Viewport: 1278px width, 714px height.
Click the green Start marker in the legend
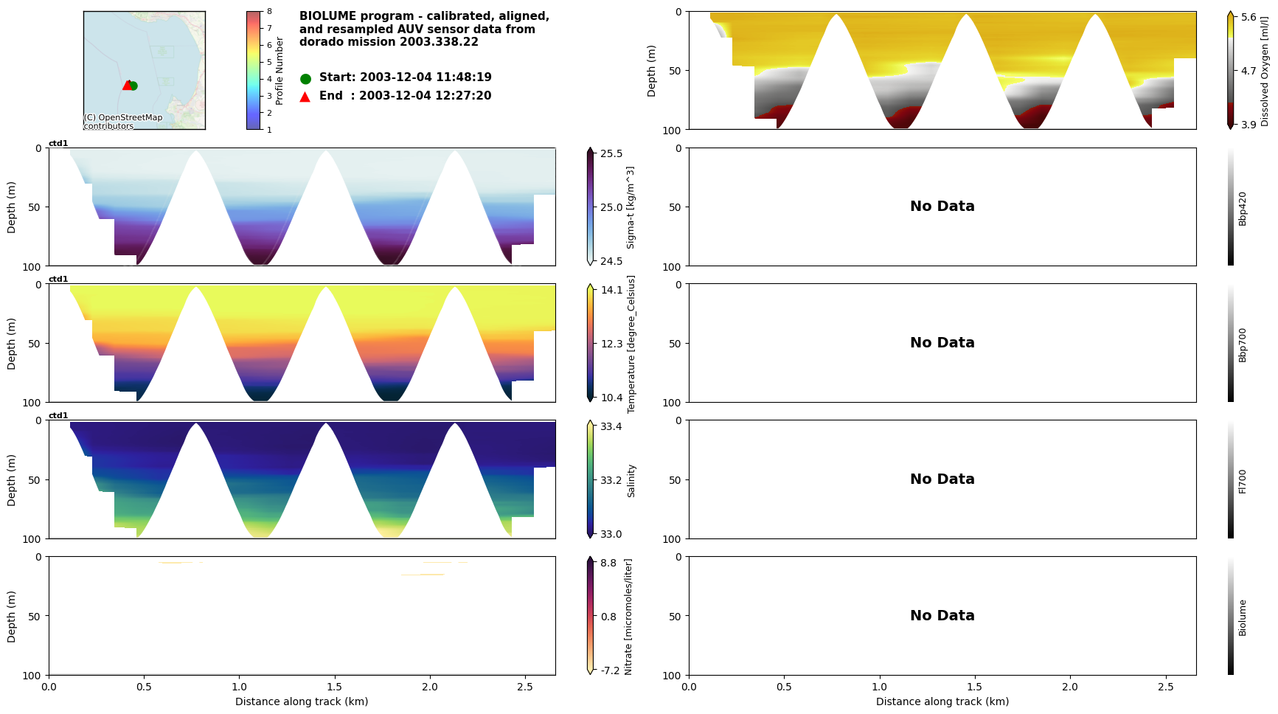tap(305, 78)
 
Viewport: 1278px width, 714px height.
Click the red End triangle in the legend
tap(305, 97)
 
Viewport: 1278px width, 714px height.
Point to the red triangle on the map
tap(127, 85)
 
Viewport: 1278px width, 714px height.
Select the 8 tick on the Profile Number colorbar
tap(269, 12)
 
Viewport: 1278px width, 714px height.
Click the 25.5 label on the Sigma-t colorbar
tap(611, 153)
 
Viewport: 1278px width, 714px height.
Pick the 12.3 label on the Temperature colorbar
tap(611, 344)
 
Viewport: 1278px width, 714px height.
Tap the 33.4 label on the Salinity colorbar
tap(611, 426)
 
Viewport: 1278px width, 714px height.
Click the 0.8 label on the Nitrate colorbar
tap(608, 617)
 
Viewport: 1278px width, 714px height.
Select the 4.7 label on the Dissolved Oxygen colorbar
tap(1248, 72)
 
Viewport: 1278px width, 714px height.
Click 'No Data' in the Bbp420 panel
tap(942, 207)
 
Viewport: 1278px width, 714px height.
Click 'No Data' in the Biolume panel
tap(942, 616)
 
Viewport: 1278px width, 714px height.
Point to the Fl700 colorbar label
tap(1243, 481)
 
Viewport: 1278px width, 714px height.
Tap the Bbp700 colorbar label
tap(1243, 344)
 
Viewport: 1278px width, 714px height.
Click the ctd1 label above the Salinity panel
tap(58, 415)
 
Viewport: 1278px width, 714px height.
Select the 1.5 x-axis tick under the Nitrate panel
tap(334, 686)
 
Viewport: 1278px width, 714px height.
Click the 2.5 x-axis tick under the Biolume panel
tap(1165, 686)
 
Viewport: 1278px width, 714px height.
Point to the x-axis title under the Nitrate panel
tap(302, 701)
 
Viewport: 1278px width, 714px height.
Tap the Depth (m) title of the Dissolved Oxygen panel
tap(651, 70)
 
